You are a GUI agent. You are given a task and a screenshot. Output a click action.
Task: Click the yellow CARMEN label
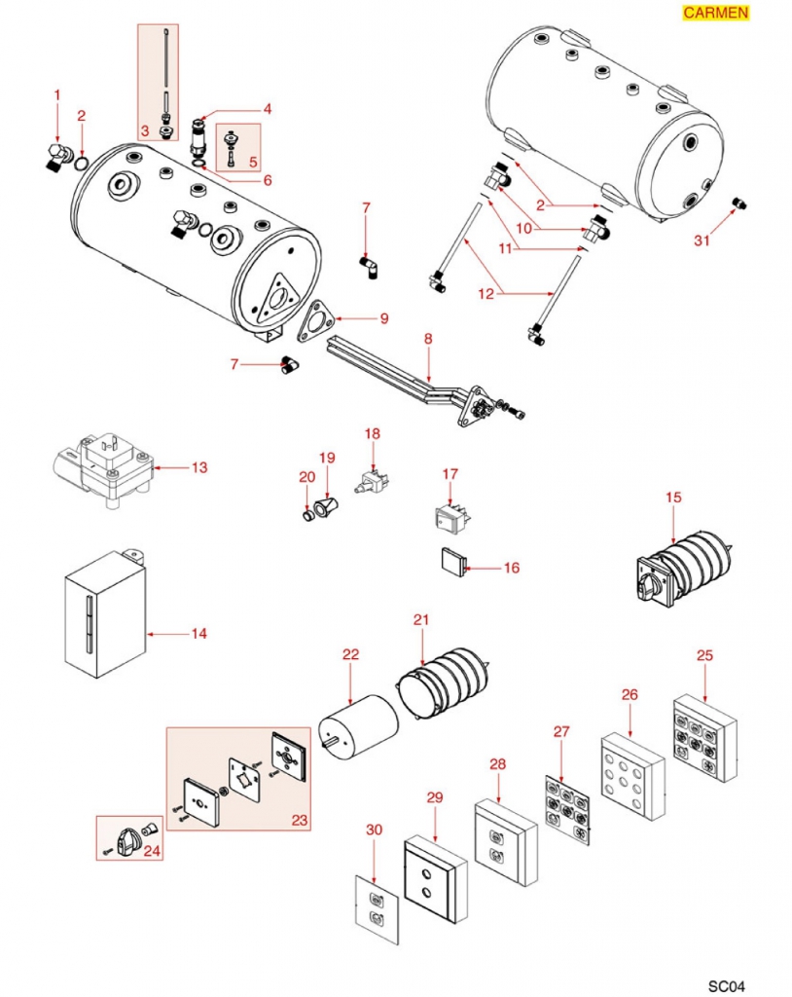715,13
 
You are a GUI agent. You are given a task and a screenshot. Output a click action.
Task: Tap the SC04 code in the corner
727,983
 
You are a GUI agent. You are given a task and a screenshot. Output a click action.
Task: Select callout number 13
198,468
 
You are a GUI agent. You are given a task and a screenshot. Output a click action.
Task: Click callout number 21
420,620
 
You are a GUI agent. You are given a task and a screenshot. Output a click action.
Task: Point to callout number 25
704,655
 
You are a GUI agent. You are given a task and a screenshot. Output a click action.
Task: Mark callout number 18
372,432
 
